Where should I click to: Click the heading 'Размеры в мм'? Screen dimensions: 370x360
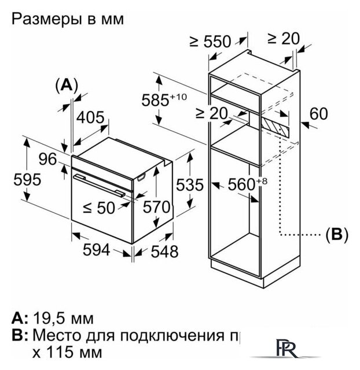[67, 19]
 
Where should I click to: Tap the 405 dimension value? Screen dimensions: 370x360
[90, 119]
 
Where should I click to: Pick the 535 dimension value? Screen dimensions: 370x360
[189, 186]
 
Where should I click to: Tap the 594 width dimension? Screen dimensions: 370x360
[95, 249]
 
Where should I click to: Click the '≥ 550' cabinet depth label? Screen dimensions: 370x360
[210, 41]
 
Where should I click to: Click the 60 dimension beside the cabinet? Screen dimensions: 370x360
[318, 114]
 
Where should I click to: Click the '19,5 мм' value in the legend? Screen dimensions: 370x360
[63, 319]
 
